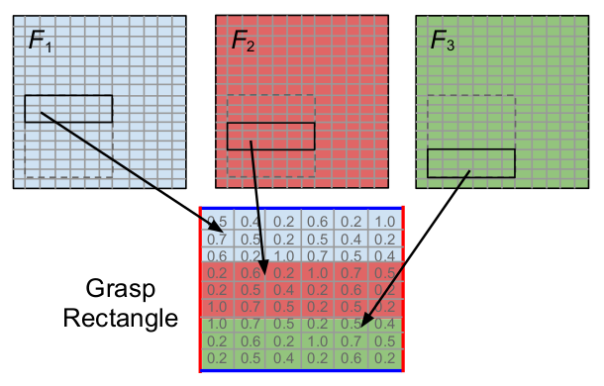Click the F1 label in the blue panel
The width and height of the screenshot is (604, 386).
(x=41, y=43)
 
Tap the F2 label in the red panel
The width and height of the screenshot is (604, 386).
(x=243, y=41)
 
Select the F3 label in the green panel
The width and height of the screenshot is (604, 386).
(x=443, y=41)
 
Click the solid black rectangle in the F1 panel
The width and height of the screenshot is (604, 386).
(x=68, y=109)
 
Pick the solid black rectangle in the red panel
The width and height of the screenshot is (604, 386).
(x=270, y=136)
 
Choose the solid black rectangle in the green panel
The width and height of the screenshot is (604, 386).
(x=471, y=162)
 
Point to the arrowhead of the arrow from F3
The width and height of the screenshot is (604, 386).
(x=364, y=324)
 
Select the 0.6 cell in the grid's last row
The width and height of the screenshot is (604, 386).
(x=351, y=357)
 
